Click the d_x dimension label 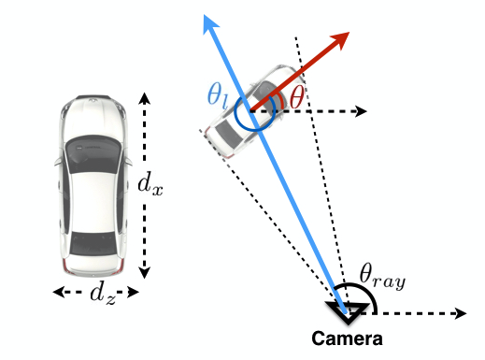pos(150,185)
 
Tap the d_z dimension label pos(103,294)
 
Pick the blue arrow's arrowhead pos(207,24)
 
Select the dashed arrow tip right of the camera pos(459,312)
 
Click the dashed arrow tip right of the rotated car pos(363,111)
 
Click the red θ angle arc pos(280,98)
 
